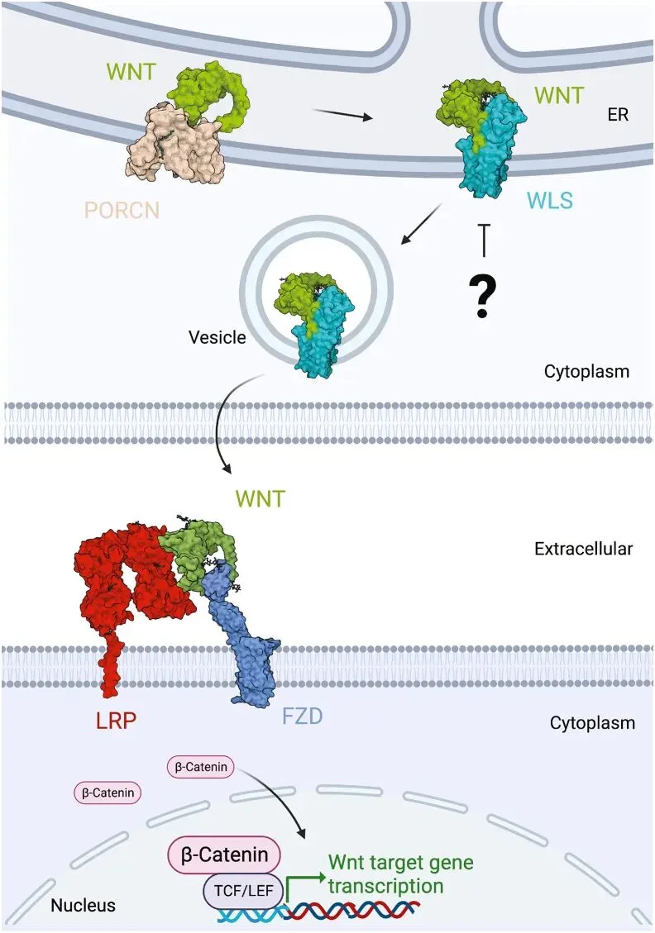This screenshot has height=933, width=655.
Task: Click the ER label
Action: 618,115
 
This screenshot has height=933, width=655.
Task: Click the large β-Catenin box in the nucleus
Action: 224,854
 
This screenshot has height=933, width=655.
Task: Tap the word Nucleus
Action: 84,905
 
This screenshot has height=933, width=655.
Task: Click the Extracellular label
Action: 584,547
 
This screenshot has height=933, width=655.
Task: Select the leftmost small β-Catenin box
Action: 107,793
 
